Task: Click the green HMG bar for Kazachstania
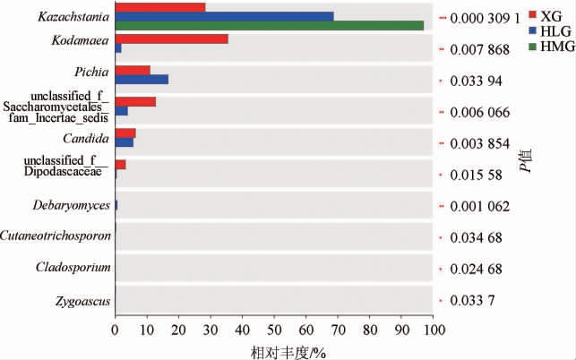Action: point(269,25)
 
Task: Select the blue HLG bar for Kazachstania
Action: point(224,16)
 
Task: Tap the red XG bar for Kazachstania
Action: point(160,7)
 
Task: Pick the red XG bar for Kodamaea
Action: point(172,39)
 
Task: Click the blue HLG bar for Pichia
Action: point(142,80)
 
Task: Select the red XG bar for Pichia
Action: point(133,70)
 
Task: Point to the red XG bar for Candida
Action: point(125,133)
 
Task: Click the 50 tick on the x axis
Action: point(274,330)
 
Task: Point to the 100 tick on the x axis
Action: point(434,330)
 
